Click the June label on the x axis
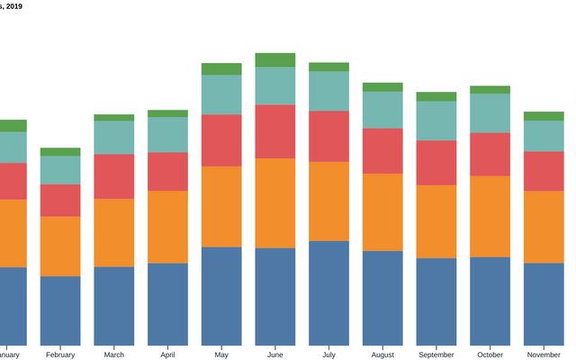coord(275,355)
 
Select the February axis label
coord(60,355)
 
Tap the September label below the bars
coord(436,355)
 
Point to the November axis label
coord(544,355)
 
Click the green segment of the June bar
coord(275,59)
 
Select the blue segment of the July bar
coord(329,293)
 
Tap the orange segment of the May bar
coord(221,206)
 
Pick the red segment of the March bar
coord(113,176)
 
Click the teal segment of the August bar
coord(382,110)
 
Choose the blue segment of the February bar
coord(60,310)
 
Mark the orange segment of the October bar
coord(490,216)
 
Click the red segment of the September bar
coord(436,163)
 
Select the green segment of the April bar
coord(167,113)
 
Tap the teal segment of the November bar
coord(544,136)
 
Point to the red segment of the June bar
coord(275,131)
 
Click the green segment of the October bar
coord(490,90)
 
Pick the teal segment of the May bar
coord(221,94)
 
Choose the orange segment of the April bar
coord(167,227)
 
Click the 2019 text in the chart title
coord(13,6)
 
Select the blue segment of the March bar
coord(113,306)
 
